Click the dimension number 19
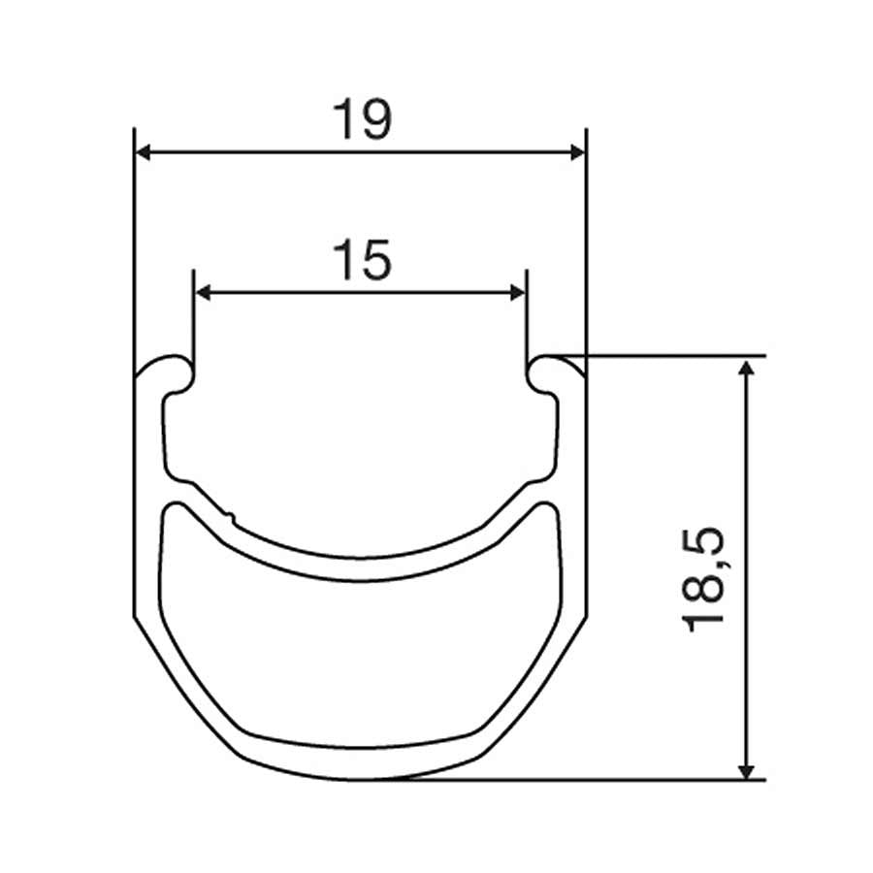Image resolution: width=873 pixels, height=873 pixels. (x=362, y=119)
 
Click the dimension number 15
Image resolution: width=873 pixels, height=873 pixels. (x=362, y=260)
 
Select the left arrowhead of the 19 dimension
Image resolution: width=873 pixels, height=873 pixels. (x=143, y=152)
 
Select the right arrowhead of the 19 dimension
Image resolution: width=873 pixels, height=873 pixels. (x=578, y=152)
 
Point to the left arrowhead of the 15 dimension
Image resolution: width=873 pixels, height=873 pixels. (x=202, y=292)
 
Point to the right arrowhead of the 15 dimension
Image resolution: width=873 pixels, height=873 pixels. (x=518, y=292)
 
